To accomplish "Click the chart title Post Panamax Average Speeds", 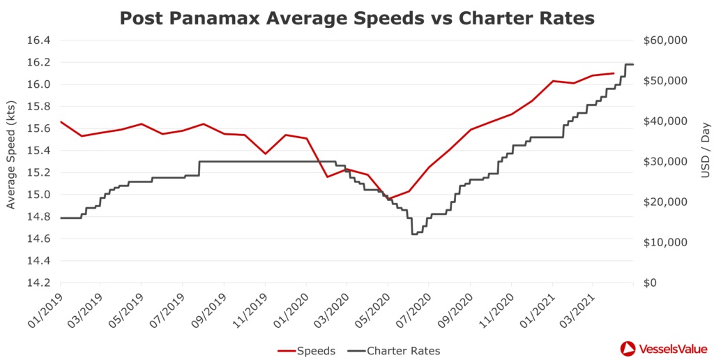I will [357, 18].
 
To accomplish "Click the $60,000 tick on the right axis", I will [665, 40].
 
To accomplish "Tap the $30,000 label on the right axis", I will [665, 162].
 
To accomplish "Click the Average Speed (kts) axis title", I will [10, 162].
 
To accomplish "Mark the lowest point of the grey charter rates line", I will [414, 234].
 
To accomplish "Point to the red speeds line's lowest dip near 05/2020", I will [388, 199].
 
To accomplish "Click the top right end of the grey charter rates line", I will [632, 64].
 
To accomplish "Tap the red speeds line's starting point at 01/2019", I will [61, 121].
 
